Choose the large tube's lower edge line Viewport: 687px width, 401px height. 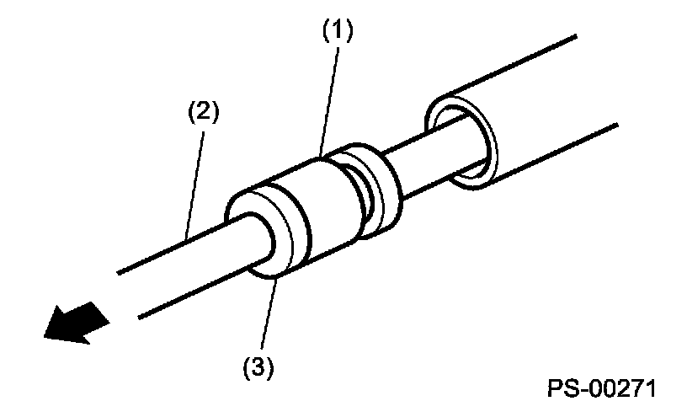click(x=556, y=152)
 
